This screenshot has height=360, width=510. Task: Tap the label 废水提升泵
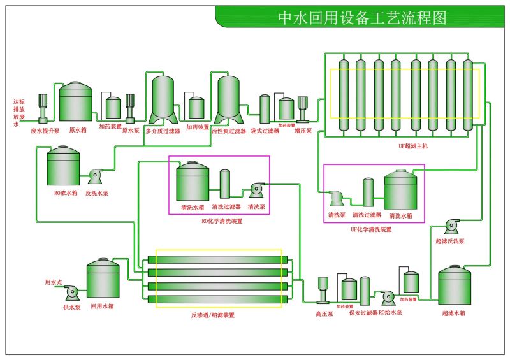pyautogui.click(x=45, y=131)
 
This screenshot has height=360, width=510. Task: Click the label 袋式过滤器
pyautogui.click(x=265, y=131)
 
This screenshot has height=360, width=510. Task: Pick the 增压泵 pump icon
pyautogui.click(x=303, y=108)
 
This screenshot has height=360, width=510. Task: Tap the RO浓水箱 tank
pyautogui.click(x=63, y=167)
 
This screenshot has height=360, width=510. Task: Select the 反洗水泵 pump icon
pyautogui.click(x=96, y=176)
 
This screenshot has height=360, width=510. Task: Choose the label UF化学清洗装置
pyautogui.click(x=371, y=229)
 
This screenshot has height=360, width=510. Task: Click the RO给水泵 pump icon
pyautogui.click(x=387, y=297)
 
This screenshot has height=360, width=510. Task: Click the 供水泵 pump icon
pyautogui.click(x=71, y=292)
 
